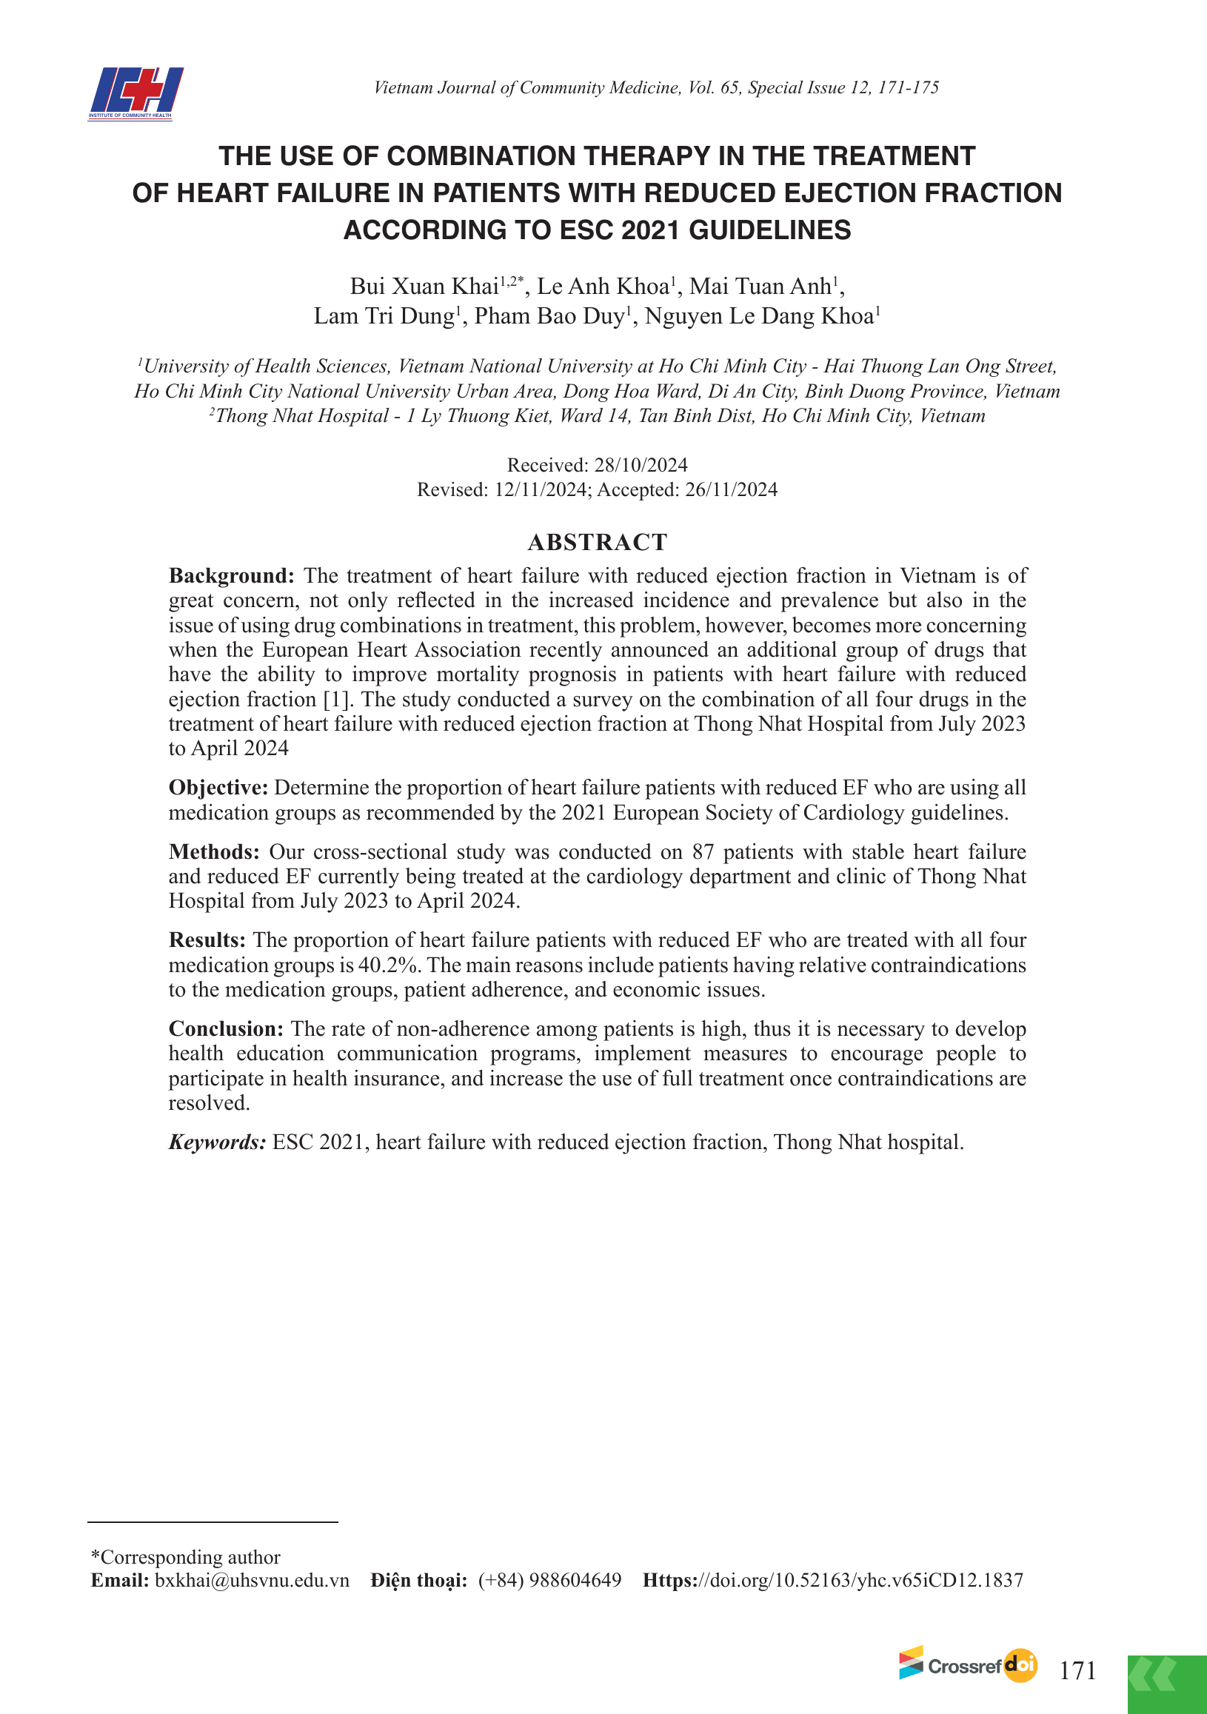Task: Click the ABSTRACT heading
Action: point(597,542)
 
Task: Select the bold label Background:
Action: point(231,575)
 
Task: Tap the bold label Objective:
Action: point(218,788)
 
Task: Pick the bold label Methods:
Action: point(214,851)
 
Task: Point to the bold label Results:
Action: point(207,940)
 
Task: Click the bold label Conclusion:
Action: point(225,1028)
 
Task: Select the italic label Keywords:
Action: point(216,1142)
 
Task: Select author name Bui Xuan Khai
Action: point(424,287)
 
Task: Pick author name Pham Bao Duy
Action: point(549,317)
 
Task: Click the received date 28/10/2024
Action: point(641,465)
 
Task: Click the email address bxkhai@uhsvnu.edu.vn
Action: point(252,1580)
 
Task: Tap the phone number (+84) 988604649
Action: point(549,1580)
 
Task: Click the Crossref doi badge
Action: point(967,1665)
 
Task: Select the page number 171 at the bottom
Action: point(1078,1670)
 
